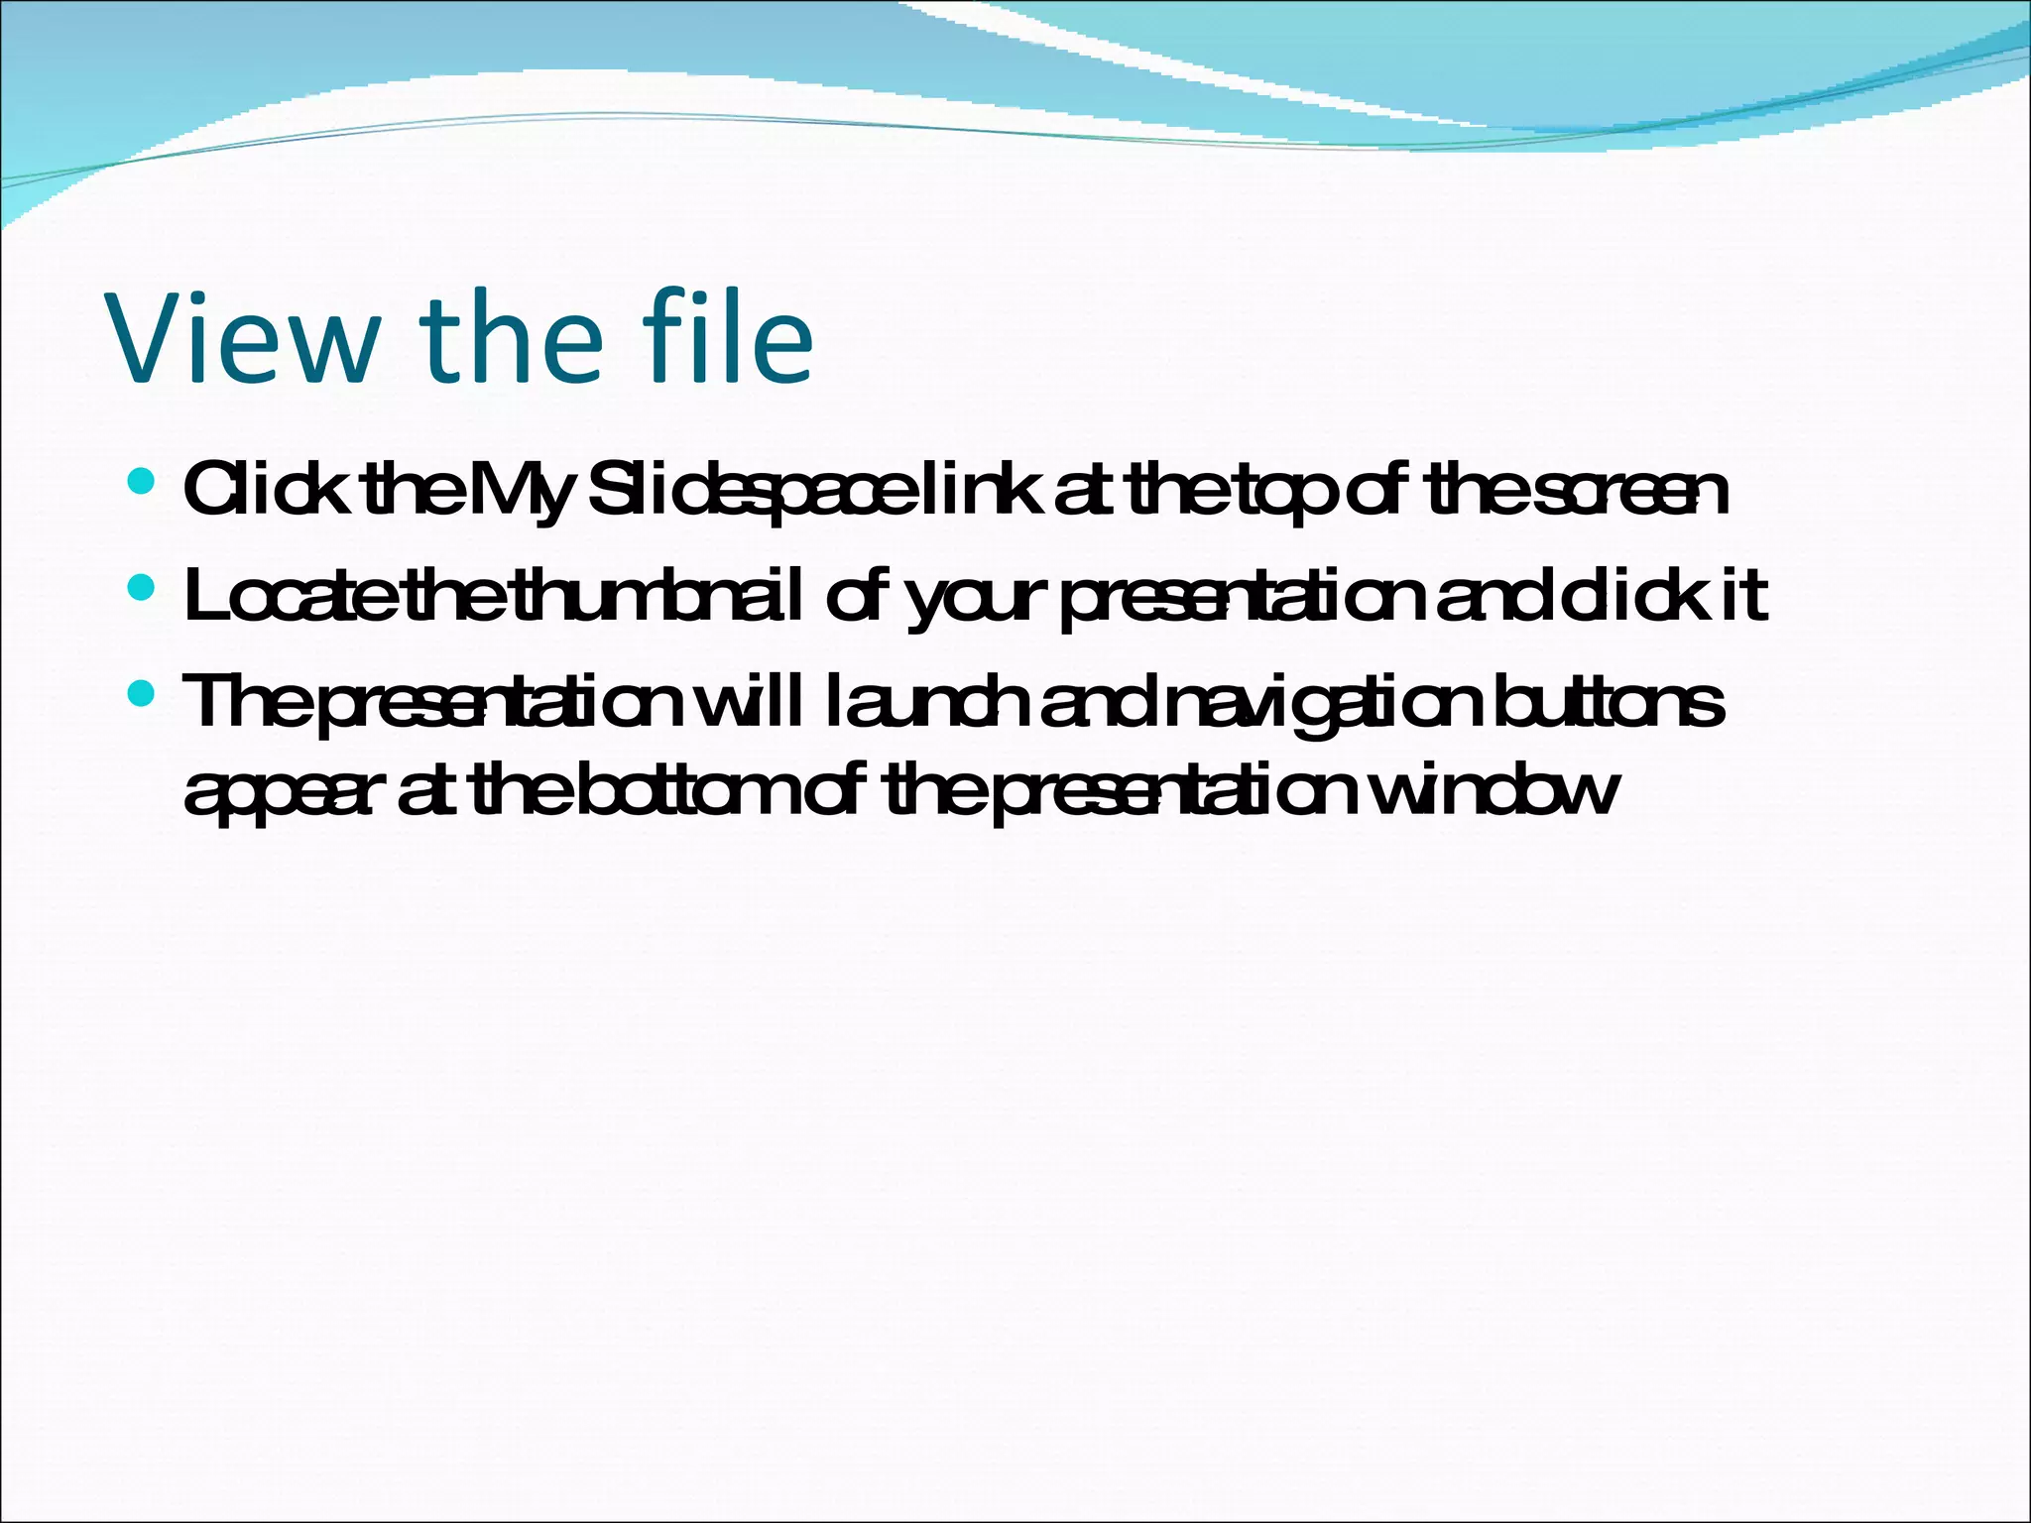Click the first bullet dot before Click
(x=142, y=483)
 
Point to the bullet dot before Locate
(x=142, y=589)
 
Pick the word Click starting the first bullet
(x=266, y=491)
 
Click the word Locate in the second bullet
(x=293, y=596)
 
